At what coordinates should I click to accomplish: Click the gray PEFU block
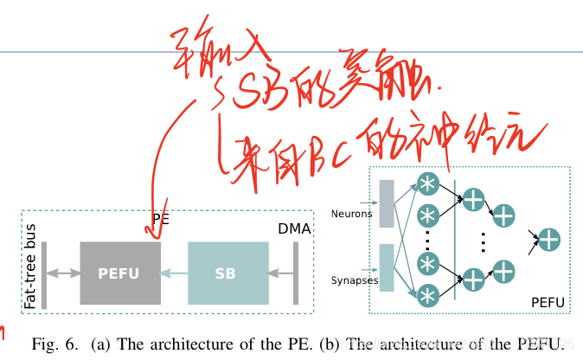pos(120,273)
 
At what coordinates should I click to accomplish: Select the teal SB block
pos(224,273)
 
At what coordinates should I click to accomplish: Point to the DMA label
pos(294,228)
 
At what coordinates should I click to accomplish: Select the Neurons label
pos(352,212)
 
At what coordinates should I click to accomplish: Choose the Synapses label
pos(355,280)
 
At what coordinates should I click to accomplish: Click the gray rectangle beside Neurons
pos(386,203)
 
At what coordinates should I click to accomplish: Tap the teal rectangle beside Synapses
pos(386,267)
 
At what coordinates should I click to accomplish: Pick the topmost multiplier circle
pos(428,184)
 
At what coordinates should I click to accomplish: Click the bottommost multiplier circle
pos(428,295)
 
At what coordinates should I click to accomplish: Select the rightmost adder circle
pos(548,239)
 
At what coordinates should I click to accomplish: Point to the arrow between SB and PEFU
pos(175,273)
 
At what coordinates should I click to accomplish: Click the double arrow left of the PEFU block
pos(63,273)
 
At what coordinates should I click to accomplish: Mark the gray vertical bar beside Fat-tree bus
pos(44,273)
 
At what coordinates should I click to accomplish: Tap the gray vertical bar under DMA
pos(296,273)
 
